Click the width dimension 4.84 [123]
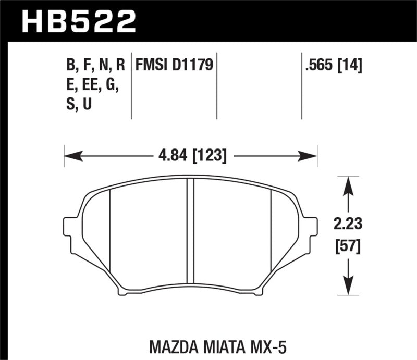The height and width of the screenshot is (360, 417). coord(191,155)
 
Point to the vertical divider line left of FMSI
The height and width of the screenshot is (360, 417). coord(132,86)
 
